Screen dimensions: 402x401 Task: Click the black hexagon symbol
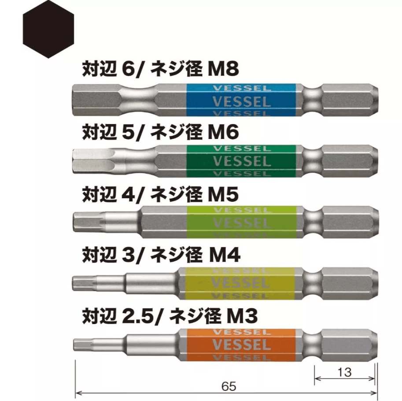[x=48, y=29]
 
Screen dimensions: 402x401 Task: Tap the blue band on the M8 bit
[x=241, y=100]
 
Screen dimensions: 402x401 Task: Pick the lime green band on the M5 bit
[x=241, y=222]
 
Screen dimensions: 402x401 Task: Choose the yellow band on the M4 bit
[x=240, y=283]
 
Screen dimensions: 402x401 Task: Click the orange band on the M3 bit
[x=241, y=345]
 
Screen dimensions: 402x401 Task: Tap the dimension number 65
[x=229, y=386]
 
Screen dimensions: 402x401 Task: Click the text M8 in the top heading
[x=223, y=69]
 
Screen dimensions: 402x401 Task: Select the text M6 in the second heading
[x=223, y=132]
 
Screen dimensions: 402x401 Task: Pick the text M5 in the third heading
[x=223, y=194]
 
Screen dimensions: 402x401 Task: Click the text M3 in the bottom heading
[x=242, y=316]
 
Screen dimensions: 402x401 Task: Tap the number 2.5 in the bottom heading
[x=137, y=316]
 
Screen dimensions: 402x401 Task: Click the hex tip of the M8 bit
[x=96, y=100]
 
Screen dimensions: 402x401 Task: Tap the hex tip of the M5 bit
[x=89, y=222]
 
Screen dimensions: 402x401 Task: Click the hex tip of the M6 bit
[x=92, y=161]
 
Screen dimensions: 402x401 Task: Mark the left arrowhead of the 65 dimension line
[x=78, y=392]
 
